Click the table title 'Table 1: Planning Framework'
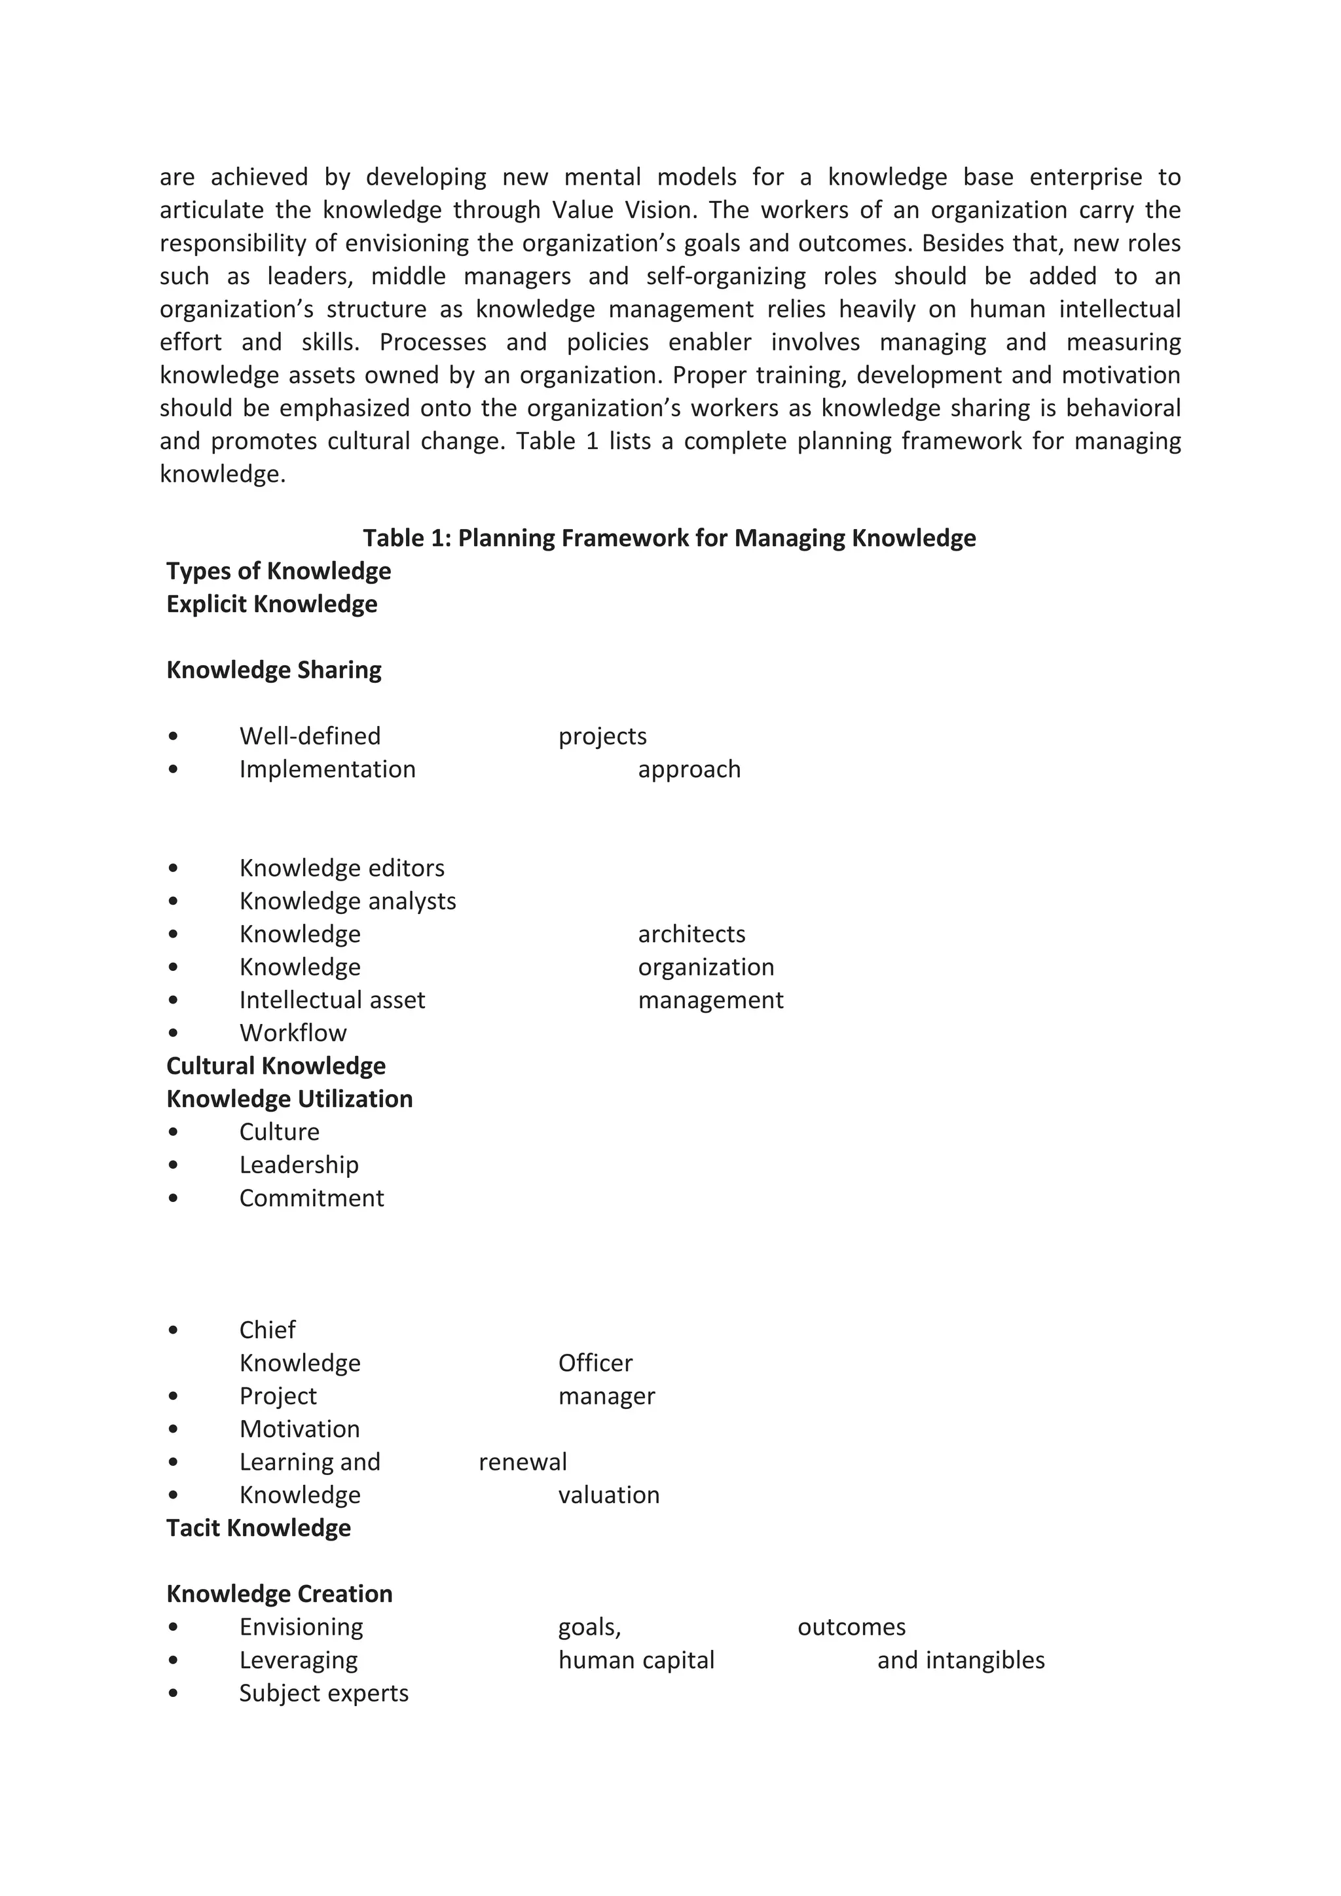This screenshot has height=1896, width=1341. coord(669,538)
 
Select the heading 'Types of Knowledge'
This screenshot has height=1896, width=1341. coord(278,572)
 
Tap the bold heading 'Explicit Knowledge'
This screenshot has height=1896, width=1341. coord(272,604)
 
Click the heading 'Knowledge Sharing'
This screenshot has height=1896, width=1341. coord(273,670)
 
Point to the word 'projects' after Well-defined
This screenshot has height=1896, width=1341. coord(602,737)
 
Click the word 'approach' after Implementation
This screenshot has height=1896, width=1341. coord(689,770)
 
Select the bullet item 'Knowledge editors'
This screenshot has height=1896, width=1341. coord(341,868)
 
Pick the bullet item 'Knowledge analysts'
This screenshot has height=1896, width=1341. coord(347,901)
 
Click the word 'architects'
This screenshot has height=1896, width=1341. coord(691,934)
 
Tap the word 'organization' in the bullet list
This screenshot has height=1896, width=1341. coord(705,967)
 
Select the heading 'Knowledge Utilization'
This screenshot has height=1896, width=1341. coord(289,1099)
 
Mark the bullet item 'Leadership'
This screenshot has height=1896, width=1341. coord(299,1165)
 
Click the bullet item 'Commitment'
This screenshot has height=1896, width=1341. coord(311,1198)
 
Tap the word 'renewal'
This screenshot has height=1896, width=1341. coord(522,1463)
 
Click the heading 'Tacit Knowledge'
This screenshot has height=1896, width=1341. coord(259,1529)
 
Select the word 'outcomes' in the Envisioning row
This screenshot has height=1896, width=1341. coord(851,1628)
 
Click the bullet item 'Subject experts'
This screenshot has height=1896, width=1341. coord(323,1694)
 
